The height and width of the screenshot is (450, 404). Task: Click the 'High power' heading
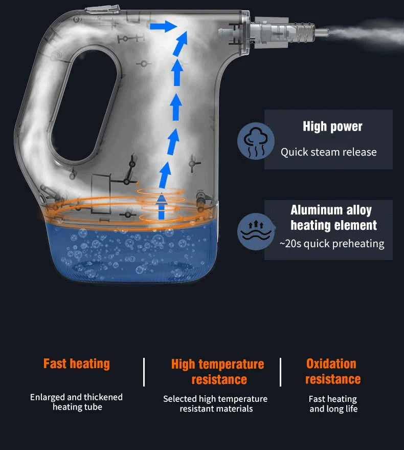(x=332, y=126)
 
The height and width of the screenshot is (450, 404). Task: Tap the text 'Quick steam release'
(x=329, y=152)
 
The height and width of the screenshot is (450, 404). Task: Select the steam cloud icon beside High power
(x=256, y=141)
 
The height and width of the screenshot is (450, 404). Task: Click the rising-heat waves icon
(x=256, y=231)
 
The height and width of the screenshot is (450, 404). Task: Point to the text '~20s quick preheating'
(x=332, y=244)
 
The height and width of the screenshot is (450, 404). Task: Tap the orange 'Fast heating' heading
(x=77, y=363)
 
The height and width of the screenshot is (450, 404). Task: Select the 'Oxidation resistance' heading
(x=332, y=371)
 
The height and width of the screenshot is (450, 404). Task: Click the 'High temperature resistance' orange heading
(x=218, y=372)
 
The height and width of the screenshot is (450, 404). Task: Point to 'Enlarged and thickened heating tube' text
(x=77, y=402)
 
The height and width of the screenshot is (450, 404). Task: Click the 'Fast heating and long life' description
(x=333, y=404)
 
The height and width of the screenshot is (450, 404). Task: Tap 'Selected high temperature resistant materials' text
(x=215, y=403)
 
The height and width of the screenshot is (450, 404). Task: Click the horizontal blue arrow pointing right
(x=163, y=27)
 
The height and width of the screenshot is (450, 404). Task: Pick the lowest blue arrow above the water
(x=162, y=207)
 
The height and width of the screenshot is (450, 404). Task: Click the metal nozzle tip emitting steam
(x=321, y=32)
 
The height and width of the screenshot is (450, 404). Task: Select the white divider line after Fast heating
(x=144, y=372)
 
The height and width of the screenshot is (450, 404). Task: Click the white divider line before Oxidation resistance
(x=280, y=372)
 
